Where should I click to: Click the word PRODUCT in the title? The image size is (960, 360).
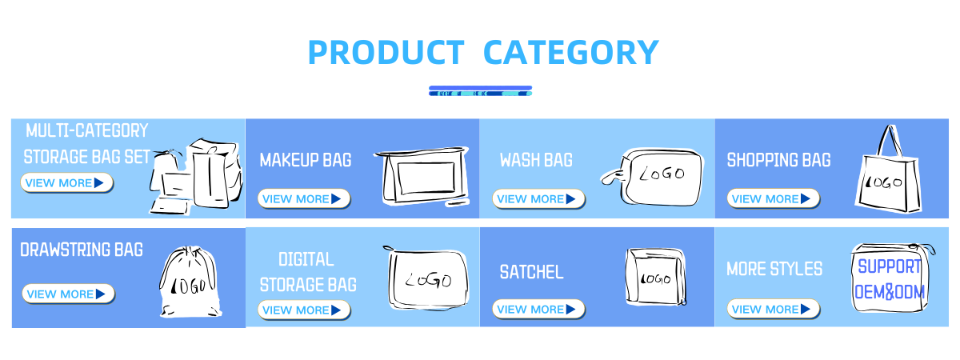click(386, 52)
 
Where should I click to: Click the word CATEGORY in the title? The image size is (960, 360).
click(571, 52)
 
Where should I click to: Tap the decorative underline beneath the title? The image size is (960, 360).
click(481, 91)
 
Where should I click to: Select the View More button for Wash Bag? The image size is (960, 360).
click(538, 199)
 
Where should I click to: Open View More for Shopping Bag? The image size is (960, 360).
click(773, 199)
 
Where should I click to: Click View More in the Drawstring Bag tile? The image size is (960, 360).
click(68, 294)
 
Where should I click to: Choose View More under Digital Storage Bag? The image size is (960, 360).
click(304, 310)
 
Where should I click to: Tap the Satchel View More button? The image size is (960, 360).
click(538, 309)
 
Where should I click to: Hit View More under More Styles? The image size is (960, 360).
click(773, 309)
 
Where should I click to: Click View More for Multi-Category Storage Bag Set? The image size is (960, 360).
click(67, 183)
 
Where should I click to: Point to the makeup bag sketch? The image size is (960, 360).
click(422, 177)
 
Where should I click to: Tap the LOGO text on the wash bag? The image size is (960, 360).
click(662, 174)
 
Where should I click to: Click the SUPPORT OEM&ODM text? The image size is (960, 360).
click(890, 279)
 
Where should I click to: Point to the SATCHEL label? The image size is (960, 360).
click(531, 272)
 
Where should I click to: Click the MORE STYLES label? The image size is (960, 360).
click(774, 269)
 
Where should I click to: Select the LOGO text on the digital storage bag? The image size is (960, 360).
click(428, 280)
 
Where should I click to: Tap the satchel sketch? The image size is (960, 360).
click(656, 277)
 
